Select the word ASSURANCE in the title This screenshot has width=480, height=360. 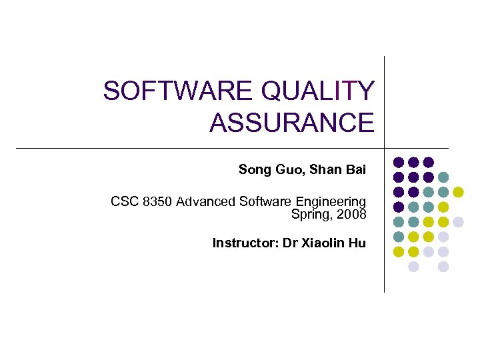(x=291, y=123)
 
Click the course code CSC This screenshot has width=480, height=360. (x=124, y=201)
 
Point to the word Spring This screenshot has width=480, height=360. (x=309, y=214)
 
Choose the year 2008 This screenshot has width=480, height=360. (x=351, y=214)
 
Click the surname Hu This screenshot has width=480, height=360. (x=358, y=243)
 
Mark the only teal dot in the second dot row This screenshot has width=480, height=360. (x=443, y=177)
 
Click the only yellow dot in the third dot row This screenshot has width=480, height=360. (x=458, y=192)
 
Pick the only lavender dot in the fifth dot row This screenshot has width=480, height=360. (x=458, y=221)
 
